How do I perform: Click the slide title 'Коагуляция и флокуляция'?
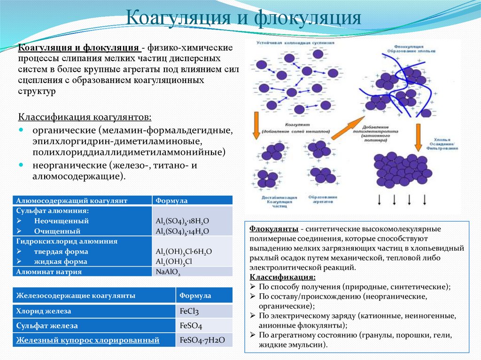244,18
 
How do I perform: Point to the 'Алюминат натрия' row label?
49,271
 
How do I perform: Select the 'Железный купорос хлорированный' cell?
88,340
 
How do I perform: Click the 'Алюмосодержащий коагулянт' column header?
72,200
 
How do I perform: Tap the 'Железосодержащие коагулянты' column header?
76,296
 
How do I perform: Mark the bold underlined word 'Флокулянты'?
273,229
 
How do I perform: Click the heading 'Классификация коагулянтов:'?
85,116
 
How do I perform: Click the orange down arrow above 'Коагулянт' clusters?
256,125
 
